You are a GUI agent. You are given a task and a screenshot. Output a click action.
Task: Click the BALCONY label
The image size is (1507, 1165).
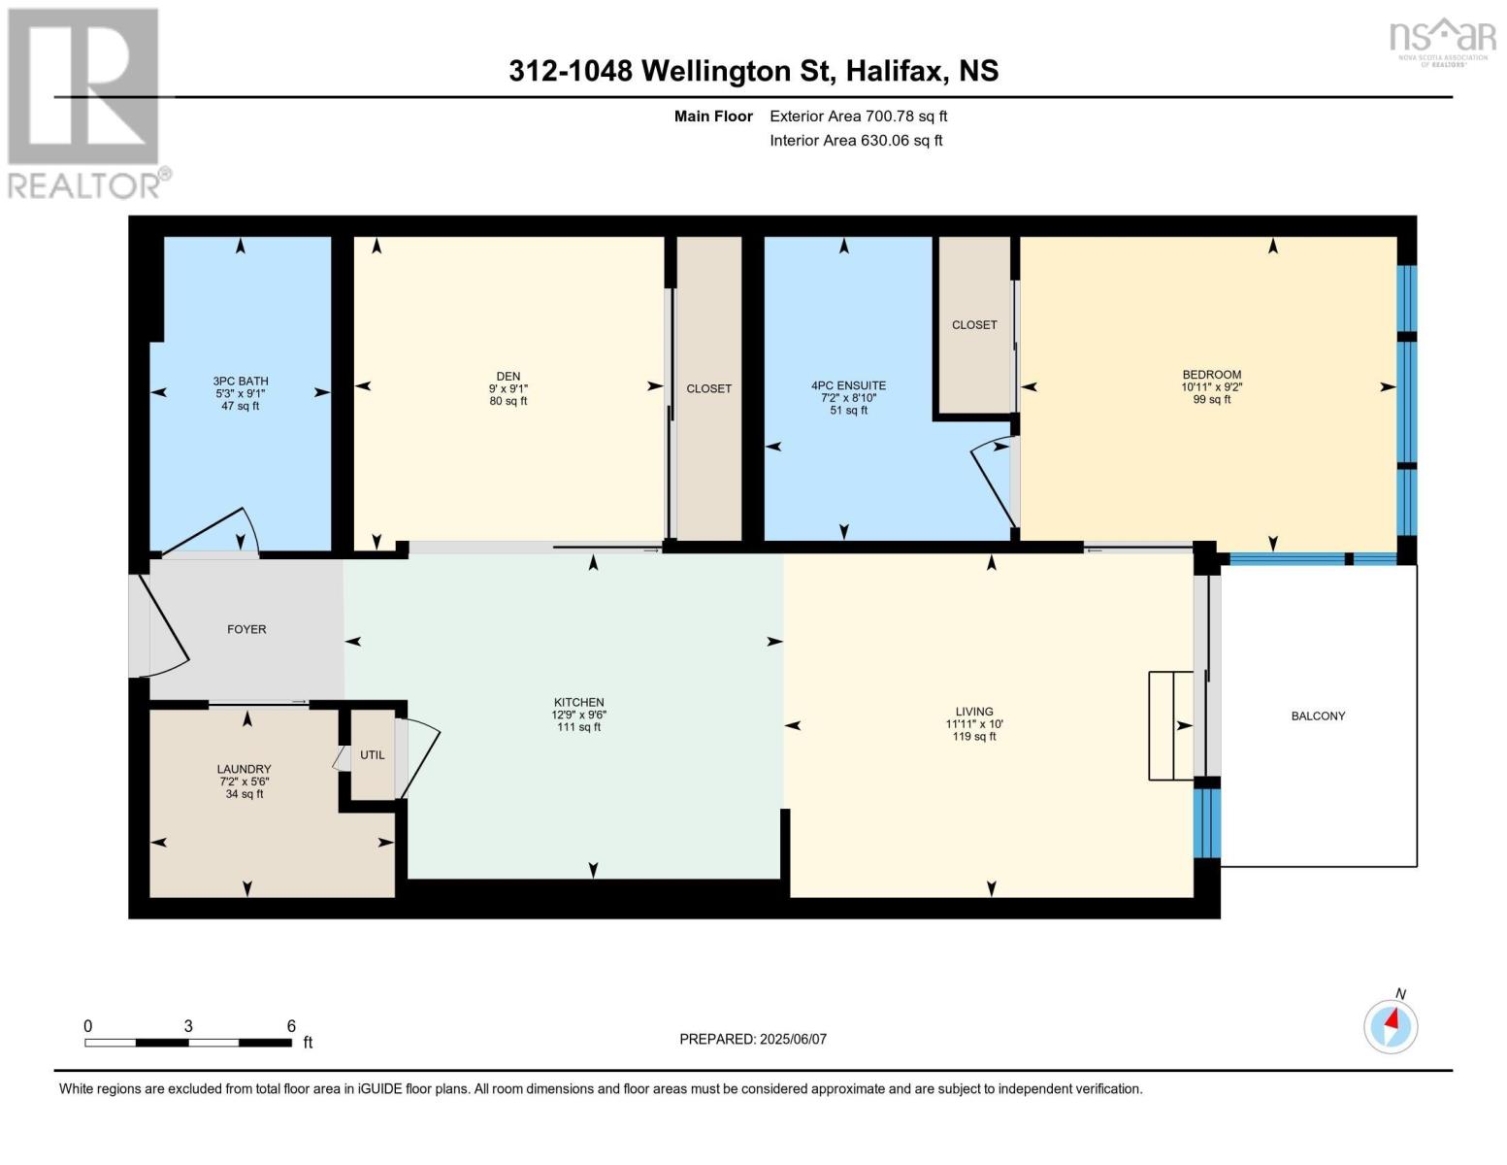[x=1318, y=716]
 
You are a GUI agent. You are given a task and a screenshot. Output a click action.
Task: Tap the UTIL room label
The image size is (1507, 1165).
[x=373, y=755]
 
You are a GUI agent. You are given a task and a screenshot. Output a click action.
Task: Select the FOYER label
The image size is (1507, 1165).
[x=246, y=630]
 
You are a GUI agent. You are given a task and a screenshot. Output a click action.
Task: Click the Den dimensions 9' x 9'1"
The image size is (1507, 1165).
[x=508, y=389]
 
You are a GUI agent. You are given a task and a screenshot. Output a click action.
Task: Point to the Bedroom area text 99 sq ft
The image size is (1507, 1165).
[x=1212, y=400]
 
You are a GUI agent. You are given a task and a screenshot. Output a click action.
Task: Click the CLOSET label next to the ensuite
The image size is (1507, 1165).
[x=974, y=325]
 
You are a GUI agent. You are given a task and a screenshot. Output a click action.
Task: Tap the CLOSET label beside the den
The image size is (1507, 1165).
[x=708, y=389]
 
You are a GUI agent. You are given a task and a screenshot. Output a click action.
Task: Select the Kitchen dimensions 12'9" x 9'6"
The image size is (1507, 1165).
[x=579, y=716]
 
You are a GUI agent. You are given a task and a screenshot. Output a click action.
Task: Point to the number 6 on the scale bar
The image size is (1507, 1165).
[x=291, y=1026]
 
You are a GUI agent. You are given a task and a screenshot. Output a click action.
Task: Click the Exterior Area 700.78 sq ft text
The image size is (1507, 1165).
[x=859, y=116]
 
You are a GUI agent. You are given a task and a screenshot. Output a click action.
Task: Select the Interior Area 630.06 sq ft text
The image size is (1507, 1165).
[x=856, y=141]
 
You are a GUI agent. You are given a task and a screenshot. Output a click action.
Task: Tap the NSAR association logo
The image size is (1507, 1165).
[x=1443, y=39]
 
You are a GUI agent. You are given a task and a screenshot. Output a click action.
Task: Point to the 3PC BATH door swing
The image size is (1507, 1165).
[x=218, y=532]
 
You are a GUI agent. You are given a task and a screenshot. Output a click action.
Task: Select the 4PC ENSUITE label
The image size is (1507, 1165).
[x=848, y=385]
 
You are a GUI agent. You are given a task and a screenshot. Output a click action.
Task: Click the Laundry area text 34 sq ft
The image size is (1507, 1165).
[x=245, y=794]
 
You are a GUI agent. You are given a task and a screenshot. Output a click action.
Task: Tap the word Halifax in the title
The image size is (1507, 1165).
[x=894, y=71]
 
